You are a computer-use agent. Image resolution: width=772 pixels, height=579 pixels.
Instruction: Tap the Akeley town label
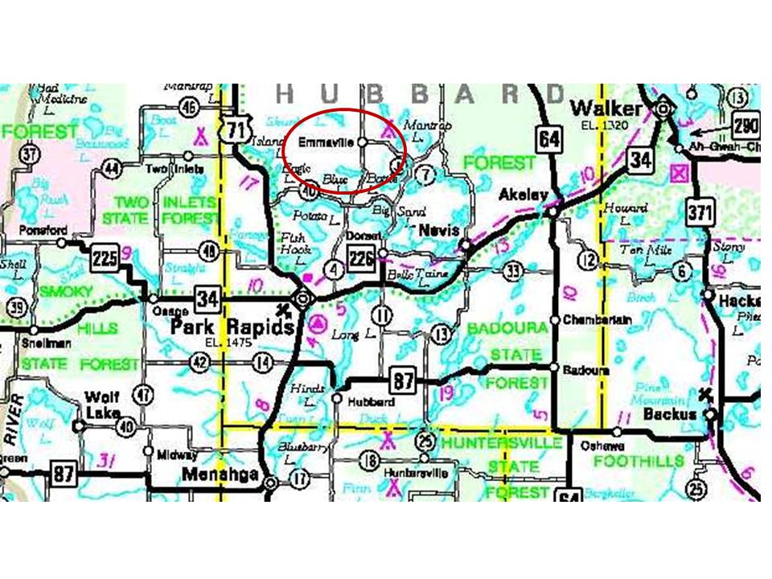(523, 195)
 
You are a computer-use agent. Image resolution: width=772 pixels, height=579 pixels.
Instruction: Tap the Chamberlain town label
(597, 319)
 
